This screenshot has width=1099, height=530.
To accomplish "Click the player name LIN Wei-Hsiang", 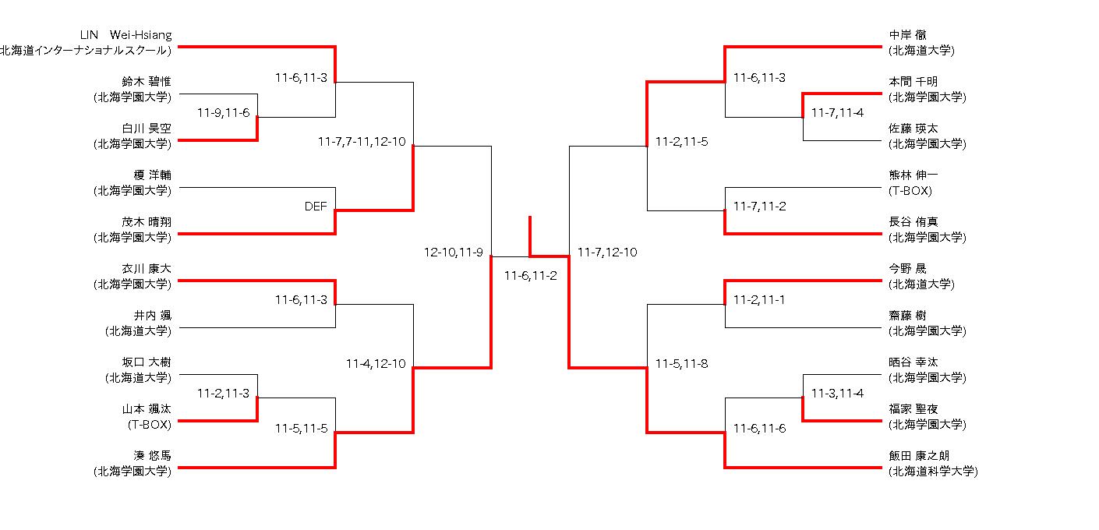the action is click(126, 35).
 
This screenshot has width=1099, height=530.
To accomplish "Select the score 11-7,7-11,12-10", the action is click(362, 142).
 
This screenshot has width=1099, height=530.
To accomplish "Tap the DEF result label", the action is click(316, 207).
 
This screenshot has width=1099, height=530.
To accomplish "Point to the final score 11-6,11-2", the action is click(530, 276).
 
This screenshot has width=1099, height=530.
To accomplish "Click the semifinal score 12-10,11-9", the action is click(454, 253).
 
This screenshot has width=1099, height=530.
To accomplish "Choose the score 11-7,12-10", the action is click(607, 253).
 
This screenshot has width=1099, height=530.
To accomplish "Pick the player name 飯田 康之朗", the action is click(919, 456).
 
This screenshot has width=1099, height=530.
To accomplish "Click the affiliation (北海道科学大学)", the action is click(933, 472).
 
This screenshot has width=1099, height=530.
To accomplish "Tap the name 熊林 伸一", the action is click(913, 175).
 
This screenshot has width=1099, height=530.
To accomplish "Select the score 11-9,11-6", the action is click(223, 113).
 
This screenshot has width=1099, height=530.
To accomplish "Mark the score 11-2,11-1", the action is click(759, 300).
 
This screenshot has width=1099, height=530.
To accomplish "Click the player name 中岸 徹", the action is click(908, 35).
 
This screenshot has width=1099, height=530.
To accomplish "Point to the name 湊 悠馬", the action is click(153, 456).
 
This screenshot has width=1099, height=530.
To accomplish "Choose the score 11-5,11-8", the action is click(681, 364).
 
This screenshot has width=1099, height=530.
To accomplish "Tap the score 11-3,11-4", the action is click(837, 394).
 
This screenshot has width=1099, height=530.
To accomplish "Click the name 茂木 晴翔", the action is click(147, 222).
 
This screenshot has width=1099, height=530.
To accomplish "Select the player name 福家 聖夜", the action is click(913, 409).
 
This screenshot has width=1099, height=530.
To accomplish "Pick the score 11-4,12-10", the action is click(376, 364).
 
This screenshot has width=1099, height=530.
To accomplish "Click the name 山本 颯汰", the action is click(147, 409).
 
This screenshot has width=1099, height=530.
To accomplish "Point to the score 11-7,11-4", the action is click(837, 113).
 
